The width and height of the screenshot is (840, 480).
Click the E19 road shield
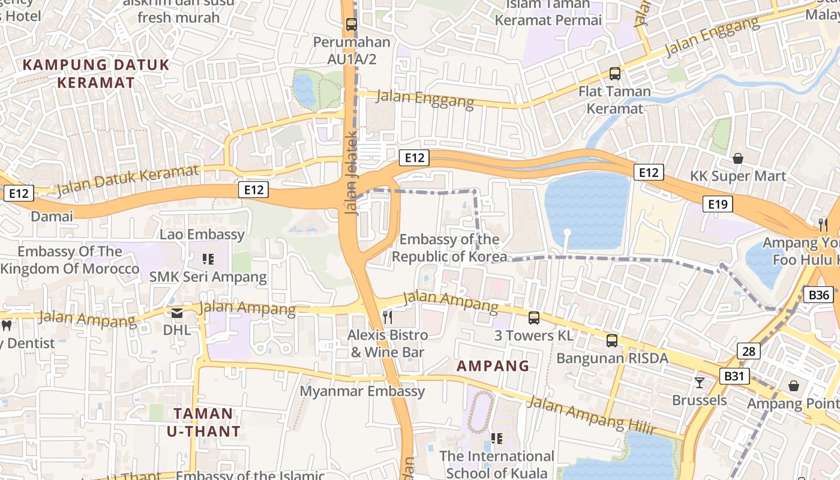[718, 205]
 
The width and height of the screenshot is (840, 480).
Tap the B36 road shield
[819, 295]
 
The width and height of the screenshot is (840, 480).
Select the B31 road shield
[734, 376]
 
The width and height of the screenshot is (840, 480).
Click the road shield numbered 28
[748, 351]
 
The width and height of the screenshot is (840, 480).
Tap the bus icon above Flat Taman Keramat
[615, 74]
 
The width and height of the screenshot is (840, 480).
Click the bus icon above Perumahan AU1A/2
[352, 25]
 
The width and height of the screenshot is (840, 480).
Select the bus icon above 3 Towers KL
[533, 318]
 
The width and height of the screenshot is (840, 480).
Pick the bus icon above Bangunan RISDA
[612, 341]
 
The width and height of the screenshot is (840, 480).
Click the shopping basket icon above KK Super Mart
[738, 158]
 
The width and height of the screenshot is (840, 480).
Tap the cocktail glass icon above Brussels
[700, 382]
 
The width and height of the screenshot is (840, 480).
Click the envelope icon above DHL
[177, 313]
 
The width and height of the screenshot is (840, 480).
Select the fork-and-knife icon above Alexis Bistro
[388, 316]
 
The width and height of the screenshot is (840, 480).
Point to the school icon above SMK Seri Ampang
[208, 259]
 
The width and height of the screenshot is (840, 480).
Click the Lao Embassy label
[202, 234]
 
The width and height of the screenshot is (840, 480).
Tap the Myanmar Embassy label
[362, 391]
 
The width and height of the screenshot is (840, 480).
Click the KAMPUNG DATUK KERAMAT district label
[96, 73]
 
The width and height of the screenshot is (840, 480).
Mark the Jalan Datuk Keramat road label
[127, 181]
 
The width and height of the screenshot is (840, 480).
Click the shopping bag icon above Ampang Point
[794, 385]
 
